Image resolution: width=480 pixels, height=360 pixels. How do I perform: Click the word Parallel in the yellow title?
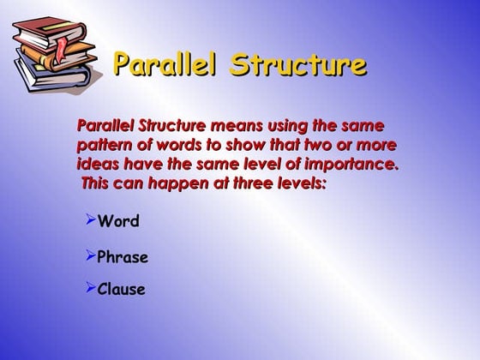[x=165, y=65]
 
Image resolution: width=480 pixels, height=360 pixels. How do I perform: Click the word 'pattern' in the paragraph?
[x=104, y=145]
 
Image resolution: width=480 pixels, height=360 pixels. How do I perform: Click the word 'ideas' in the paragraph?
[x=97, y=164]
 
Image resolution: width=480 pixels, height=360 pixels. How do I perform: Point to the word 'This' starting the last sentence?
[x=99, y=183]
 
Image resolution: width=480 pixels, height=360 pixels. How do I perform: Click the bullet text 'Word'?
[x=118, y=222]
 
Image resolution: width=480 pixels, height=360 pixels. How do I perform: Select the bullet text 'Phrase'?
[x=123, y=257]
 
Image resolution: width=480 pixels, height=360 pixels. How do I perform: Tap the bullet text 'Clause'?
[x=121, y=290]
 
